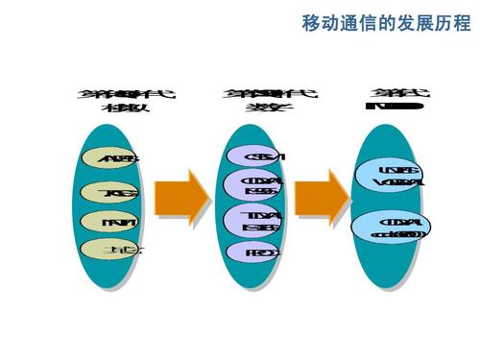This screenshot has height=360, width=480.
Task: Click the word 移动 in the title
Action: coord(318,21)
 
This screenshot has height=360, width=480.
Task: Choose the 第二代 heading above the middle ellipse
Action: coord(256,95)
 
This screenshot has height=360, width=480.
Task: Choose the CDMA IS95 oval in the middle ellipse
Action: coord(252,185)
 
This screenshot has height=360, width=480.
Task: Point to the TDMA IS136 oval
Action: coord(252,220)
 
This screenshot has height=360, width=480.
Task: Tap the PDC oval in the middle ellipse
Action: coord(252,253)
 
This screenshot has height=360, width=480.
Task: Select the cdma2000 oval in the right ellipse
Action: coord(392,228)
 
